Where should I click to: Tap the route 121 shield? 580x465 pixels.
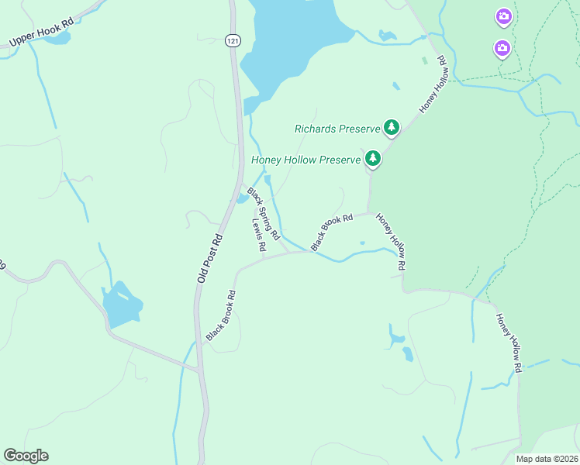(231, 40)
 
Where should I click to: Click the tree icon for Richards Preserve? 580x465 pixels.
(392, 127)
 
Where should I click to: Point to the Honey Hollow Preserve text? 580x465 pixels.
(306, 160)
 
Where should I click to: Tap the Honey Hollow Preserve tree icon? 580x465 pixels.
(373, 159)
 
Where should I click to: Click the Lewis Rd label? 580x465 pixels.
(259, 234)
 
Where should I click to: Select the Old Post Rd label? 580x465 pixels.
(209, 257)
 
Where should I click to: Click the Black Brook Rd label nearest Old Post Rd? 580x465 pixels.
(220, 315)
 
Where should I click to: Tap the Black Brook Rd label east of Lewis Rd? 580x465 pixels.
(332, 231)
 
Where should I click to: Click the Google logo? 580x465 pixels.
(26, 456)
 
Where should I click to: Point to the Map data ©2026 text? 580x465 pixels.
(546, 459)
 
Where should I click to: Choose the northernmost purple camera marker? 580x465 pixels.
(503, 16)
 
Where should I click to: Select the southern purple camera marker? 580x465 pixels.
(502, 49)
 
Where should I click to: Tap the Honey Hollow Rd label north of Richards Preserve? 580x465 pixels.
(434, 84)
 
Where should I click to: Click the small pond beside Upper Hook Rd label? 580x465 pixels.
(57, 37)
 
